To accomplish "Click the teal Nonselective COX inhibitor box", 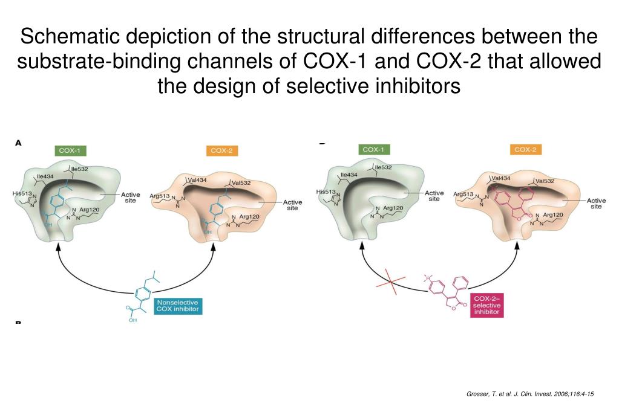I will tap(177, 306).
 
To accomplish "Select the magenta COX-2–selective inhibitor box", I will tap(486, 306).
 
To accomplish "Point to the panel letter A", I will tap(18, 143).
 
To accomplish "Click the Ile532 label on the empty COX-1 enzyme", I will tap(384, 167).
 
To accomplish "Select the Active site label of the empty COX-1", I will tap(434, 196).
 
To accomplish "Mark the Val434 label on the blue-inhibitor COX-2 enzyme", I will tap(197, 179).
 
